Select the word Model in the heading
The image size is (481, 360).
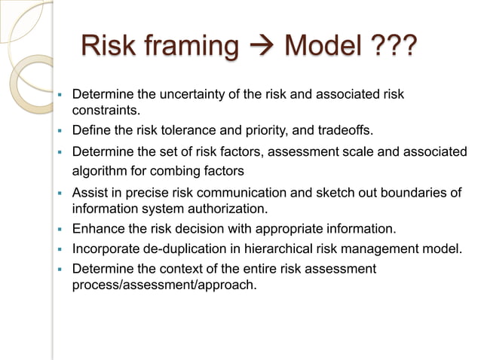(316, 46)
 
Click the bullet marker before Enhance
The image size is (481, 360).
(59, 228)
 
